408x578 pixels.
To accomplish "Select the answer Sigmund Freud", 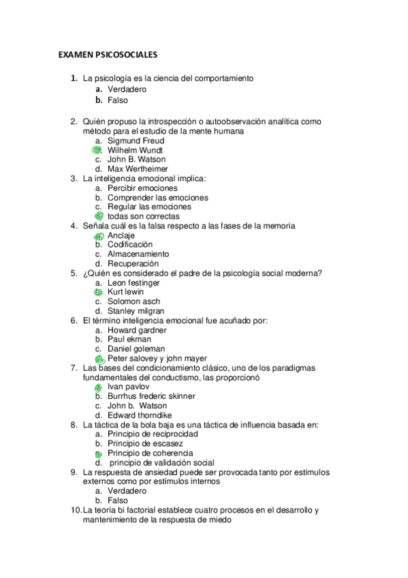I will point(136,141).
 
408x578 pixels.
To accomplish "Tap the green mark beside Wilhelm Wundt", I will point(97,150).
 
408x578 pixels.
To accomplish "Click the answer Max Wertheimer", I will point(138,169).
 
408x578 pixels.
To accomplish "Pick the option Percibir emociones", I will point(142,188).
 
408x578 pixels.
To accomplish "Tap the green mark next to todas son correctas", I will point(99,216).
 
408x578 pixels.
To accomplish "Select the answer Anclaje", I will point(121,235).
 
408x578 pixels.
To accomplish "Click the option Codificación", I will point(130,244).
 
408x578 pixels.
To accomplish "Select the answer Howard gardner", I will point(137,330).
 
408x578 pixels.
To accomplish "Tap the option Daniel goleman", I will point(136,349).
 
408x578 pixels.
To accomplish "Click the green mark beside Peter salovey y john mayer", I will point(99,359).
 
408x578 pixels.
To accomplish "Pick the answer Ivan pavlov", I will point(126,386).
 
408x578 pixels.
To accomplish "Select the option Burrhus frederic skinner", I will point(151,396).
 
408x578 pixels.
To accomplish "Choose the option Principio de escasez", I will point(145,444).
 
